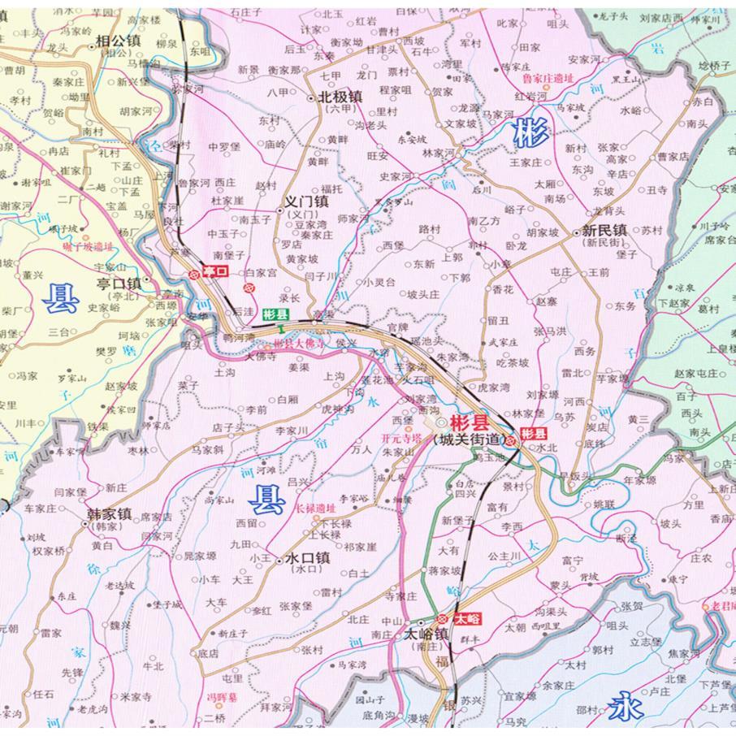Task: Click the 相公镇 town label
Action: pyautogui.click(x=119, y=40)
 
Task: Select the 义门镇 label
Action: pyautogui.click(x=305, y=201)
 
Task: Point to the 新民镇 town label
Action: pyautogui.click(x=604, y=231)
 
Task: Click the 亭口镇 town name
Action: pyautogui.click(x=119, y=284)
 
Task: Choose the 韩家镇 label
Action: pyautogui.click(x=109, y=513)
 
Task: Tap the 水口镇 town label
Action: pyautogui.click(x=305, y=558)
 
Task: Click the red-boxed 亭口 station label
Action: pyautogui.click(x=214, y=272)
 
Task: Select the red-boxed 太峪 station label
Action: pyautogui.click(x=467, y=618)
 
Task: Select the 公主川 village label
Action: pyautogui.click(x=504, y=556)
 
